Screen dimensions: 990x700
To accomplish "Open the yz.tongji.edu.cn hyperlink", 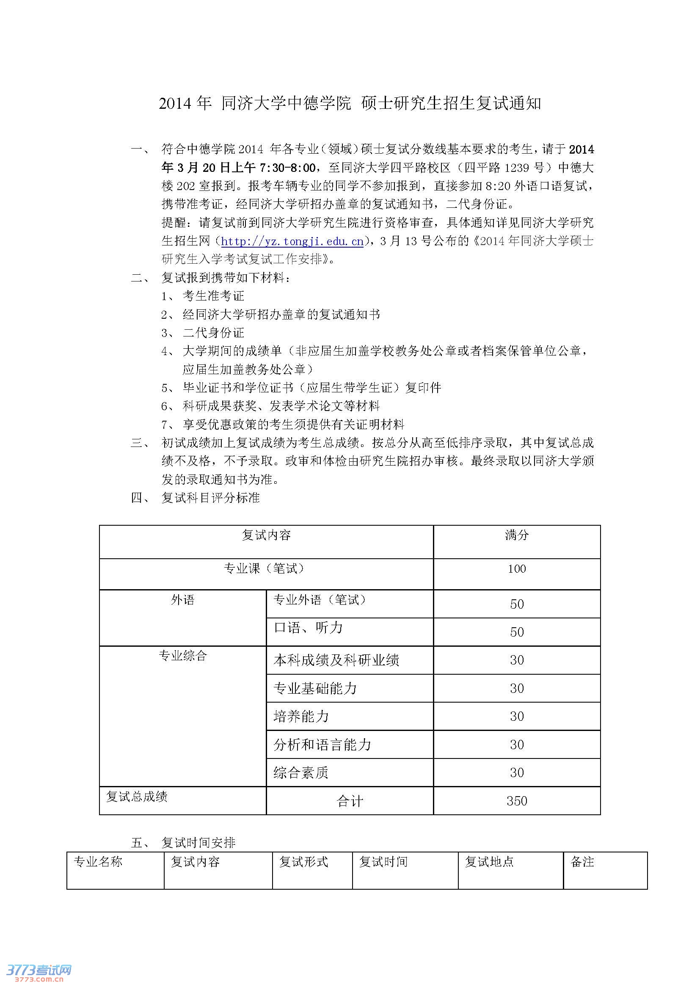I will point(292,241).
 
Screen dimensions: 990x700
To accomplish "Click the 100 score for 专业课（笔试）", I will point(516,569).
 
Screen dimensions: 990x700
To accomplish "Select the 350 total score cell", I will point(516,801).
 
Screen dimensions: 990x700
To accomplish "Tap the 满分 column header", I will point(516,535).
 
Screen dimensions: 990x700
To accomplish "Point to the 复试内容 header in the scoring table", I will point(266,535).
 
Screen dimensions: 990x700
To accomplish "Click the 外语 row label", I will point(183,600).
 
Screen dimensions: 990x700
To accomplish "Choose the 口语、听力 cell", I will point(308,628).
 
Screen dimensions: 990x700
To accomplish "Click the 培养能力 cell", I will point(301,716).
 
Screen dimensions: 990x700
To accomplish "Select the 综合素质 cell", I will point(301,772).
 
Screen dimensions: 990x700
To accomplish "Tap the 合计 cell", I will point(350,801).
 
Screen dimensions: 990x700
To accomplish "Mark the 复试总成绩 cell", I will point(137,797).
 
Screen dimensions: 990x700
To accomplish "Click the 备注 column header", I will point(582,862).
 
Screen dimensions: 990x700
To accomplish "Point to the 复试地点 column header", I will point(489,862).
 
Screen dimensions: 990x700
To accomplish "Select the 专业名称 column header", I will point(98,862).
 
